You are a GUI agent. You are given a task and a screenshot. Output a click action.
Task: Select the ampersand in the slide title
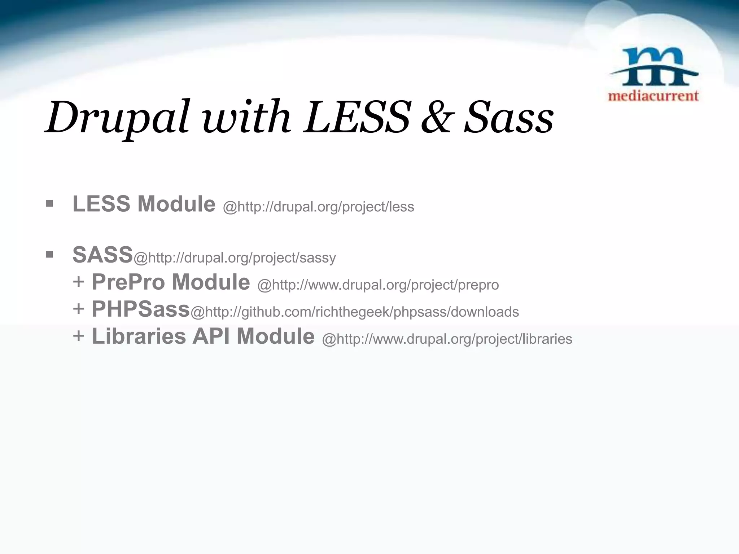click(436, 117)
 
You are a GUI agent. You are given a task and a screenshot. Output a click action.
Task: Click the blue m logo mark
click(653, 67)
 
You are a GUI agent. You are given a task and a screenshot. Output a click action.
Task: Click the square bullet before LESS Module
click(50, 204)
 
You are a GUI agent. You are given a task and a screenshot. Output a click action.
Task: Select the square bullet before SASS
click(50, 255)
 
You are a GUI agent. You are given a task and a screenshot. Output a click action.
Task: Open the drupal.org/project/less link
click(319, 207)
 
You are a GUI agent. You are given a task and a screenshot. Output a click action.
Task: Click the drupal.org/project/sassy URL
click(235, 258)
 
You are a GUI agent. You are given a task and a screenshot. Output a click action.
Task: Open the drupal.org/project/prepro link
click(378, 285)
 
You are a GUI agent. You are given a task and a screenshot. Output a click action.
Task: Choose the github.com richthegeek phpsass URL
click(354, 312)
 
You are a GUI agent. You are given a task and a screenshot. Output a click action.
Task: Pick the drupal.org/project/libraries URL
click(447, 339)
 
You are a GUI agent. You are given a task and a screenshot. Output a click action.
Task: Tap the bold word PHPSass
click(141, 309)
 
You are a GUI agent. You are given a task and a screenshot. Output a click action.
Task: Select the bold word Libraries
click(139, 336)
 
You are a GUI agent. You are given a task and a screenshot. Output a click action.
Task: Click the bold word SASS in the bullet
click(103, 255)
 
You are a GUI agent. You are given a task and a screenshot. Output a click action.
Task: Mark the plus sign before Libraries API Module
click(78, 336)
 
